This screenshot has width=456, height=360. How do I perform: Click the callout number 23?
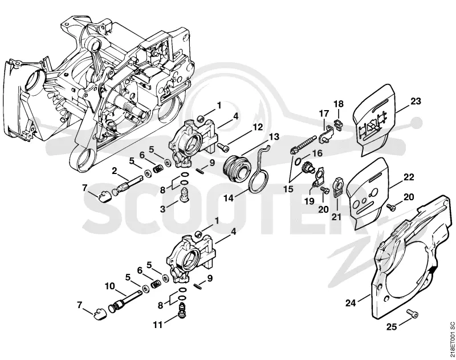pyautogui.click(x=416, y=102)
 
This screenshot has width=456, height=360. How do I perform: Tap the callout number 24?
pyautogui.click(x=351, y=303)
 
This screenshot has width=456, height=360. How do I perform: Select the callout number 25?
pyautogui.click(x=392, y=327)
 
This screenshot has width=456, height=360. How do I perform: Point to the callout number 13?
pyautogui.click(x=274, y=136)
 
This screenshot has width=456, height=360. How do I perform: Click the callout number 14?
pyautogui.click(x=229, y=198)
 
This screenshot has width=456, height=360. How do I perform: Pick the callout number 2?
pyautogui.click(x=115, y=170)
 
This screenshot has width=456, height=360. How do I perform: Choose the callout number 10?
pyautogui.click(x=110, y=286)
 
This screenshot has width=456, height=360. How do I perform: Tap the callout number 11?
pyautogui.click(x=158, y=325)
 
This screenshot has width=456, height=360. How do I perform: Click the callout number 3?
pyautogui.click(x=162, y=209)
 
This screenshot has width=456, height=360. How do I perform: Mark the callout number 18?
pyautogui.click(x=338, y=104)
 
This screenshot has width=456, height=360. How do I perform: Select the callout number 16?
pyautogui.click(x=317, y=153)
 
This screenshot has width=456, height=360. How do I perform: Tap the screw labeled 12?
pyautogui.click(x=222, y=147)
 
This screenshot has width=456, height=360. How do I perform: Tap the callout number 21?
pyautogui.click(x=336, y=217)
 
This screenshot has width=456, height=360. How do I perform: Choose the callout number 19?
pyautogui.click(x=310, y=200)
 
